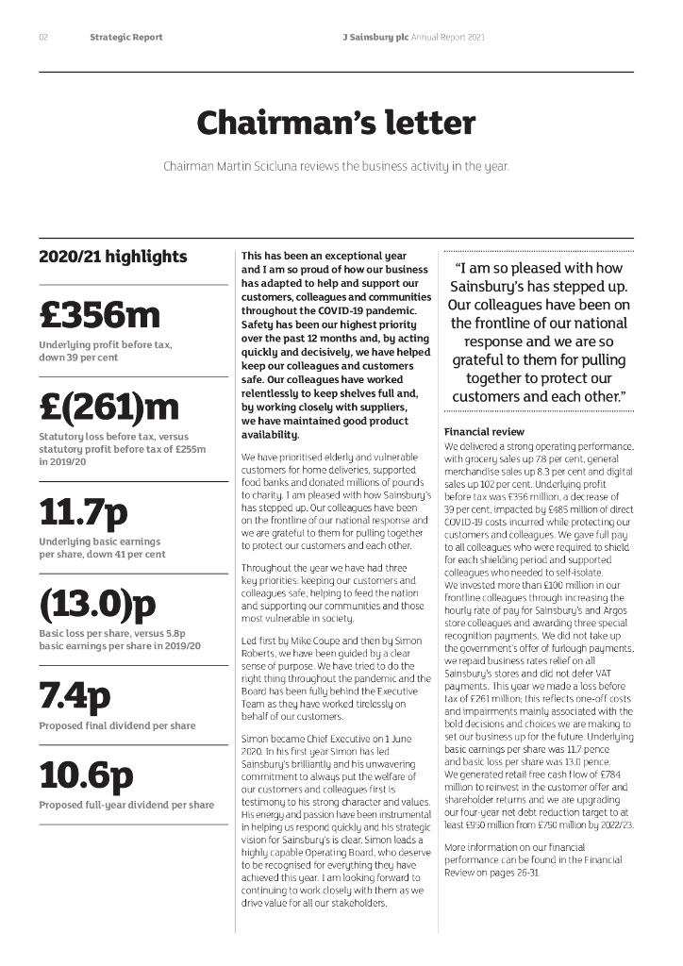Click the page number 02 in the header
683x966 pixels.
point(43,38)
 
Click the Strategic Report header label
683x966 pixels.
point(126,38)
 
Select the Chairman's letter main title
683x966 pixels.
point(336,123)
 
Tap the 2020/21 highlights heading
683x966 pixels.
point(113,257)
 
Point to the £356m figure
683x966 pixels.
point(100,315)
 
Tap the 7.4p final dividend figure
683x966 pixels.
point(75,695)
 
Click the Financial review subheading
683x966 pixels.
point(484,432)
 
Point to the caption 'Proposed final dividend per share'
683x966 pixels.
point(117,725)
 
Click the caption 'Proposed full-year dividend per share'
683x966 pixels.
point(126,805)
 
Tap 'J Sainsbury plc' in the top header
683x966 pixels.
point(376,38)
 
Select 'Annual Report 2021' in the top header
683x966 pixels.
point(449,38)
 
